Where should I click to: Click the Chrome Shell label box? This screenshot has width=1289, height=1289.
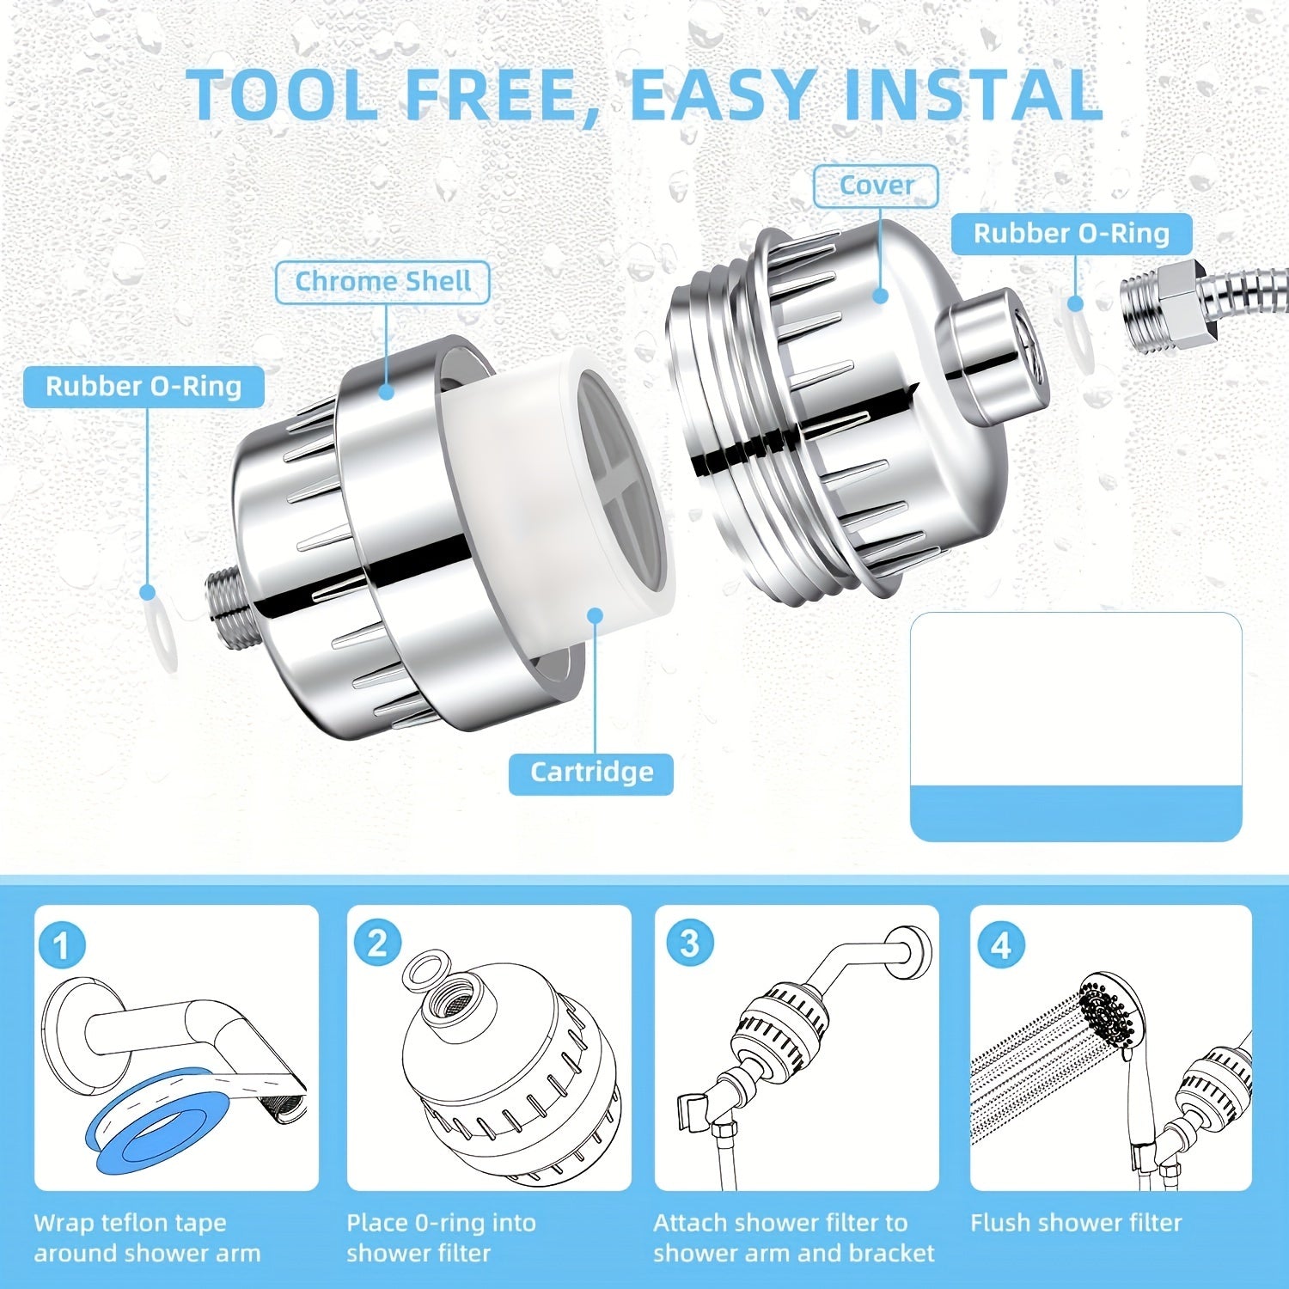382,282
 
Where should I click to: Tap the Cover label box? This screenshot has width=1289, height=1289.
876,186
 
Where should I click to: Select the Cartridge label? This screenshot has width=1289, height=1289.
591,772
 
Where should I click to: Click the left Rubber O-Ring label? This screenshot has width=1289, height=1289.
144,387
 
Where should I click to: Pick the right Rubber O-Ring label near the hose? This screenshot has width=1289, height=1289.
1071,234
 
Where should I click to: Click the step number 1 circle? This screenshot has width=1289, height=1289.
62,946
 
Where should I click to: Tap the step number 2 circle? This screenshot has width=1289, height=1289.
377,944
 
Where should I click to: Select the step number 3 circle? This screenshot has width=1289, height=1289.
689,943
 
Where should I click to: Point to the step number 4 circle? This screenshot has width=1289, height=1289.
1001,945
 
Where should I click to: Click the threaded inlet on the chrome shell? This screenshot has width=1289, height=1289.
225,593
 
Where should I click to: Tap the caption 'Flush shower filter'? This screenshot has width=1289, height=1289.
1076,1222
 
